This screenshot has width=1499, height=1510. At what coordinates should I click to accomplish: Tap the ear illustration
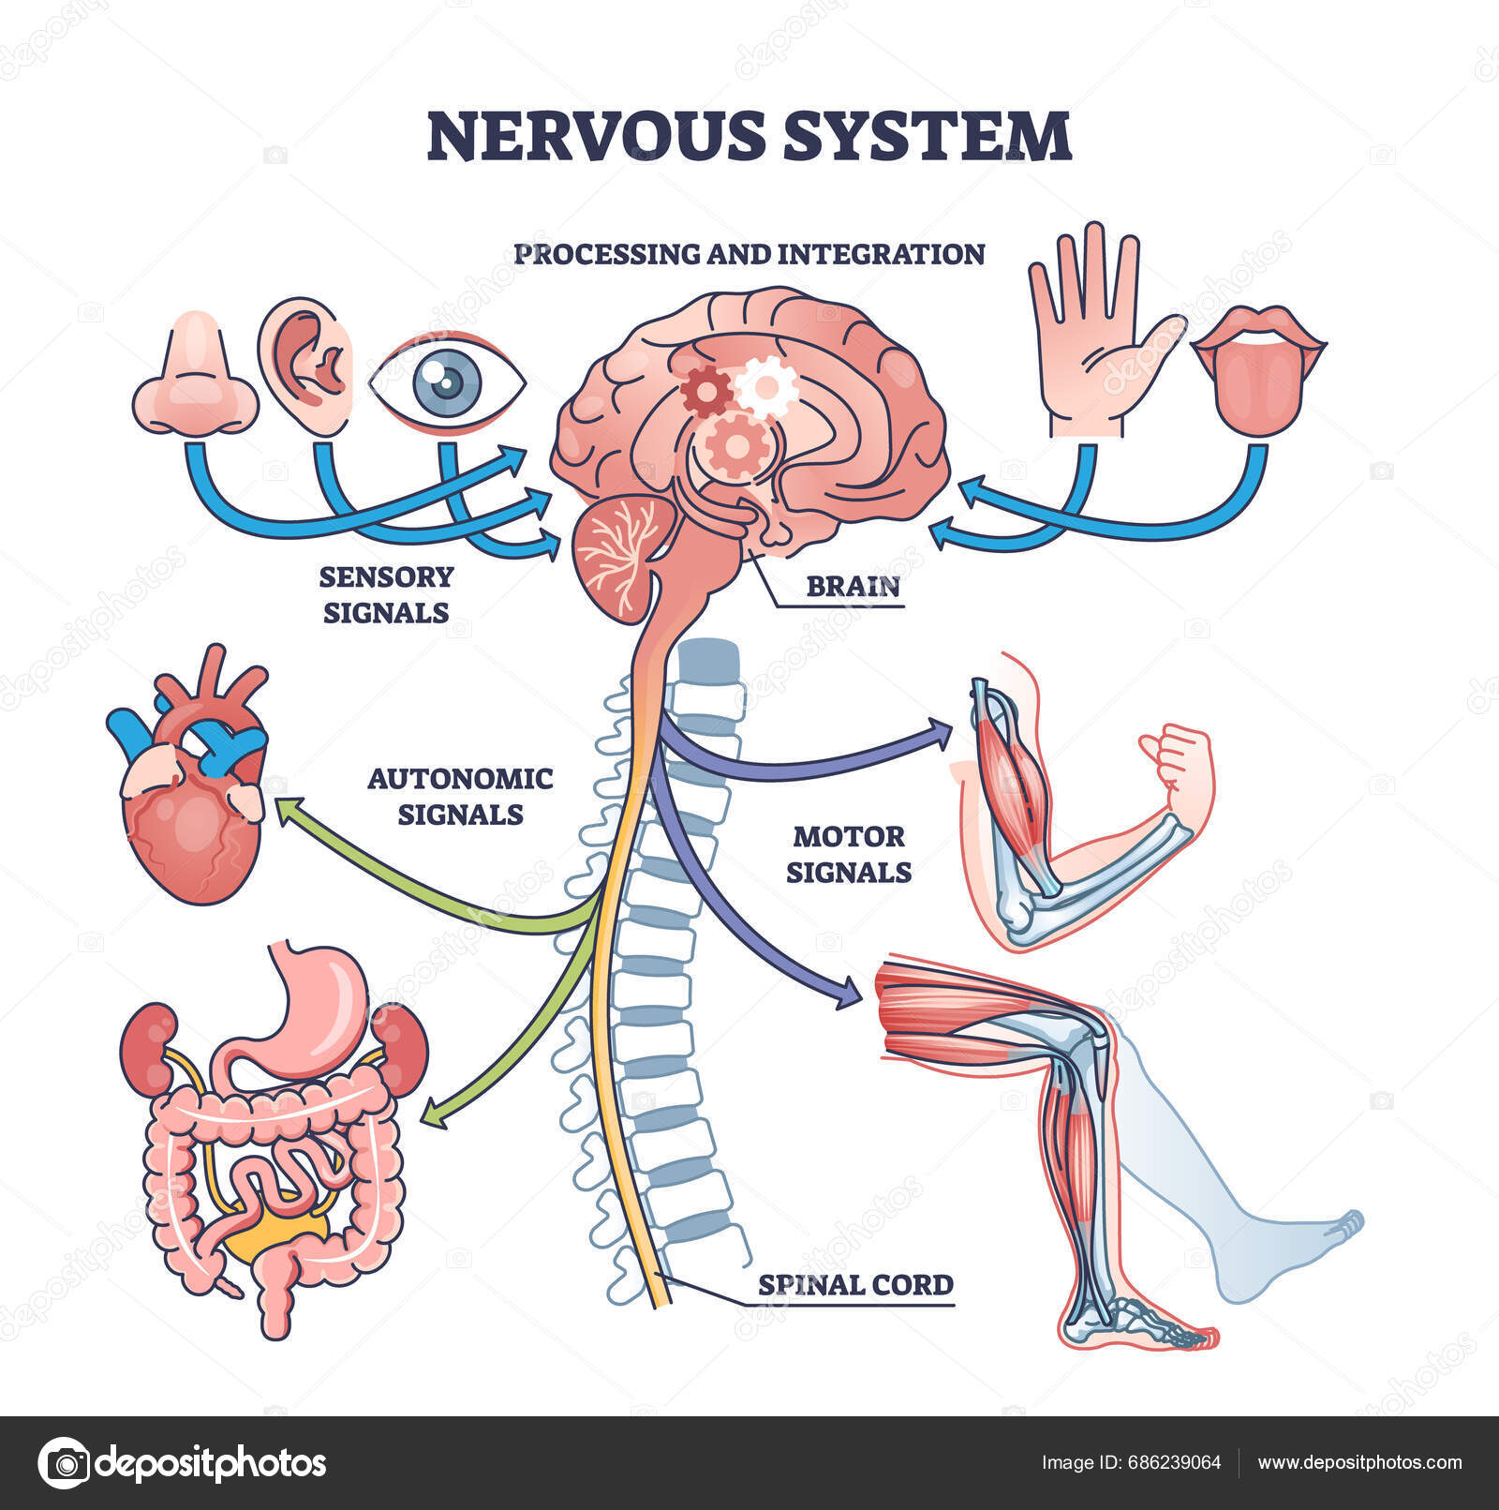307,366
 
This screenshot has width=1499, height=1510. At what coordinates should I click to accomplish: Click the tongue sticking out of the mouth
1256,384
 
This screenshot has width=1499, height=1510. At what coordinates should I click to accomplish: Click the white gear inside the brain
766,385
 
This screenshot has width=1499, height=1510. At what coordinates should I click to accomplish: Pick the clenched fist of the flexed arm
1180,760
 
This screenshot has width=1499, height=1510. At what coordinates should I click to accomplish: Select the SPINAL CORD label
854,1284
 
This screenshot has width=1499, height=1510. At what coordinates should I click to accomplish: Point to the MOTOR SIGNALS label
848,854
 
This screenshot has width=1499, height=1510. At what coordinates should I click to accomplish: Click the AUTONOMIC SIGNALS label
460,796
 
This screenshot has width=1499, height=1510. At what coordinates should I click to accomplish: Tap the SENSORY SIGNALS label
385,594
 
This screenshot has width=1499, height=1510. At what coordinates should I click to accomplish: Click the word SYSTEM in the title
926,136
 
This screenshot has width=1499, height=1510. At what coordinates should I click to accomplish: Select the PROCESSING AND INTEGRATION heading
749,254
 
